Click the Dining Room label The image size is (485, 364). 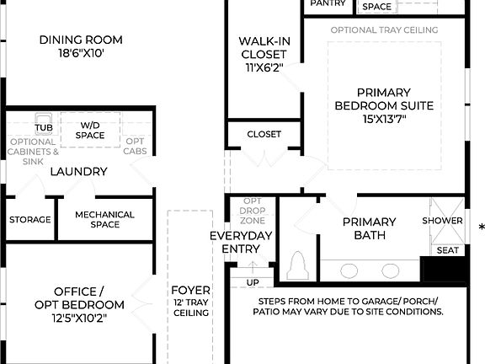81,46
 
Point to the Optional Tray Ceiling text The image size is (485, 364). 384,30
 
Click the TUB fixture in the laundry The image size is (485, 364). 44,127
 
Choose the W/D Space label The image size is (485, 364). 90,130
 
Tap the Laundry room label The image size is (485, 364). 78,172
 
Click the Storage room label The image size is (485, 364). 30,220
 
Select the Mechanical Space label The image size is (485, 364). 104,220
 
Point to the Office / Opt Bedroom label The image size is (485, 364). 79,298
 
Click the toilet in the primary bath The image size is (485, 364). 296,266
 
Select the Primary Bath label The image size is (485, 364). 369,228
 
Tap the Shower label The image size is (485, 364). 442,221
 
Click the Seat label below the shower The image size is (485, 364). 446,250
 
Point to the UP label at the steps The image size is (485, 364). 252,282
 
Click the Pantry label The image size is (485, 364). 328,4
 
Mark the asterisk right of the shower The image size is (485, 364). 481,227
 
